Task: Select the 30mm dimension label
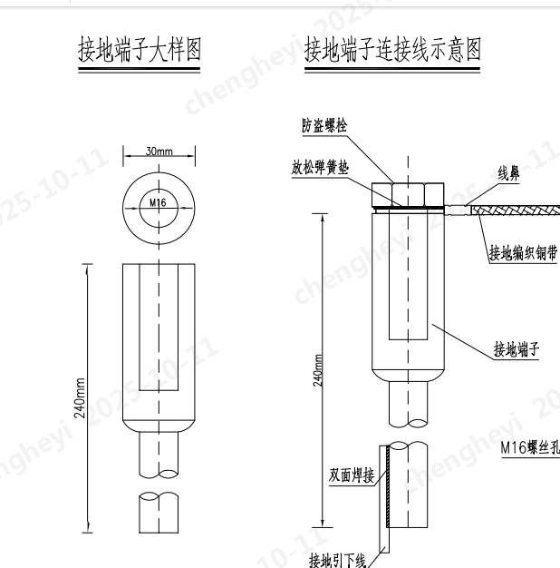coord(159,152)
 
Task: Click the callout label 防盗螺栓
coord(323,126)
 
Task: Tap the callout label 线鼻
coord(509,171)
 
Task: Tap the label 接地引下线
coord(336,559)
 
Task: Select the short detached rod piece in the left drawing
coord(159,513)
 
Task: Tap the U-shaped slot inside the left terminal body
coord(159,345)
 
